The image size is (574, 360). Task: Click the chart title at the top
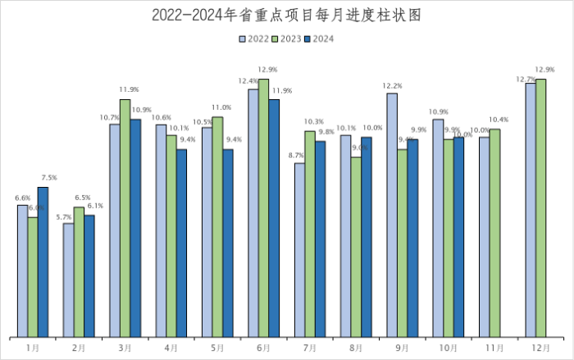point(286,15)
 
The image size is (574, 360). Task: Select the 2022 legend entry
point(253,39)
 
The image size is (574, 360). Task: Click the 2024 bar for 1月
point(43,262)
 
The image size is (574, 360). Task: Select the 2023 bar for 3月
point(125,218)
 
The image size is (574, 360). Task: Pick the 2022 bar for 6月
point(253,213)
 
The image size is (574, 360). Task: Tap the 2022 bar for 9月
point(392,215)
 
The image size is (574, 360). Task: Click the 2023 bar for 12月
point(540,208)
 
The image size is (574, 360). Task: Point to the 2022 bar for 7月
point(299,250)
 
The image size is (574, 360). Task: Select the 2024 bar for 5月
point(227,243)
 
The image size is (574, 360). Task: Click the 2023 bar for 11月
point(494,233)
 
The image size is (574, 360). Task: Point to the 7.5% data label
point(49,178)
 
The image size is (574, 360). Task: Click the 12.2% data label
point(392,86)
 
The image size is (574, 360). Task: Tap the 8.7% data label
point(297,156)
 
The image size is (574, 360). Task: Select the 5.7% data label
point(65,216)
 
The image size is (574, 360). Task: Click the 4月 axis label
point(171,349)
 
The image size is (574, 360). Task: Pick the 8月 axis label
point(356,349)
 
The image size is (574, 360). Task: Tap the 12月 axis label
point(540,349)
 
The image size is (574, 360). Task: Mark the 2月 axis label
point(79,349)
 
